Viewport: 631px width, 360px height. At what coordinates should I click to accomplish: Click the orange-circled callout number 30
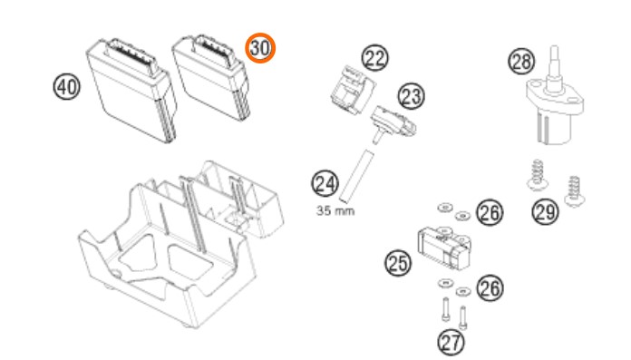(260, 48)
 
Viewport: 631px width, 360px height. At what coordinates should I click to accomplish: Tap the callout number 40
(67, 87)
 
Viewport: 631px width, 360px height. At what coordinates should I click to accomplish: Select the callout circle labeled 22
(375, 58)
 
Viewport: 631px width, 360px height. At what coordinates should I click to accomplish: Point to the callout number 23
(412, 96)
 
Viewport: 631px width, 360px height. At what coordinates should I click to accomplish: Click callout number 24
(325, 183)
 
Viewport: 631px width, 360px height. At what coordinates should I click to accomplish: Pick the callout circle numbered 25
(398, 263)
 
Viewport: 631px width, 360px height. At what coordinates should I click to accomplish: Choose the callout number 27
(451, 343)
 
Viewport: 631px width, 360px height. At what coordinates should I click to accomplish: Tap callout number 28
(521, 61)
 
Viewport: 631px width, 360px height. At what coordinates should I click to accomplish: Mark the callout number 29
(545, 211)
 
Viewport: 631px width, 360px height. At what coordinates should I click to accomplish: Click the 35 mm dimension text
(335, 210)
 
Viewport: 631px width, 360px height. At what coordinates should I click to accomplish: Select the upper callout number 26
(490, 212)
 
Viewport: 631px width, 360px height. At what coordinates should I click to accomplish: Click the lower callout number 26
(490, 288)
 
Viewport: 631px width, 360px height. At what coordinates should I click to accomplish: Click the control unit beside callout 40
(132, 90)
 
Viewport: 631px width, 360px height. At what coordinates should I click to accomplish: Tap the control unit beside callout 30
(211, 77)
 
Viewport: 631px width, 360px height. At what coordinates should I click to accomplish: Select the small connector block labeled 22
(353, 90)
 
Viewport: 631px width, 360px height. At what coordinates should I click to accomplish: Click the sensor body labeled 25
(444, 247)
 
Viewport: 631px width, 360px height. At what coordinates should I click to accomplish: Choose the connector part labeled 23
(393, 122)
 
